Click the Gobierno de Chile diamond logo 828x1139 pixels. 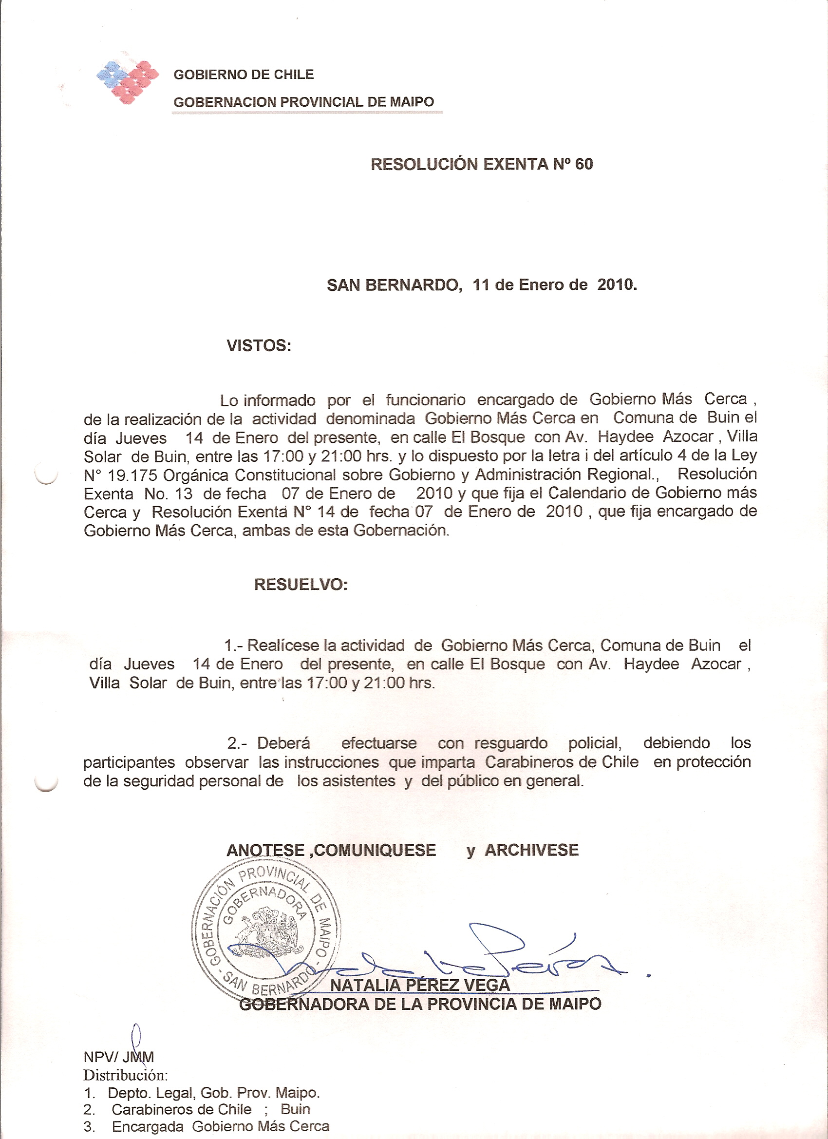click(128, 82)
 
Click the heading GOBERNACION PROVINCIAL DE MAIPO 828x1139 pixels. click(303, 102)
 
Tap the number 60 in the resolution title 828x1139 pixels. click(584, 164)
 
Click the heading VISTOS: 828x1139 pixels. click(259, 345)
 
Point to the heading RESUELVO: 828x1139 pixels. click(301, 584)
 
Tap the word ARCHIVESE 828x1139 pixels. click(531, 850)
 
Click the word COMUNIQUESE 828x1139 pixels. click(375, 850)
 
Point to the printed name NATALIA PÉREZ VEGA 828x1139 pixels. click(420, 986)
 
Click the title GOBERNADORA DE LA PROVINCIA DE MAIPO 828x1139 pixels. click(420, 1005)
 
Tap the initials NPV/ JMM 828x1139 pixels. click(119, 1057)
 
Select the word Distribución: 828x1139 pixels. click(125, 1075)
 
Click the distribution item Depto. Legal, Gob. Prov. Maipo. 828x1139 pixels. click(213, 1093)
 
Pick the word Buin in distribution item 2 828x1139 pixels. click(295, 1109)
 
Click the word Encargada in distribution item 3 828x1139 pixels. click(148, 1126)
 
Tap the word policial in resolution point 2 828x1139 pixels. click(595, 743)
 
